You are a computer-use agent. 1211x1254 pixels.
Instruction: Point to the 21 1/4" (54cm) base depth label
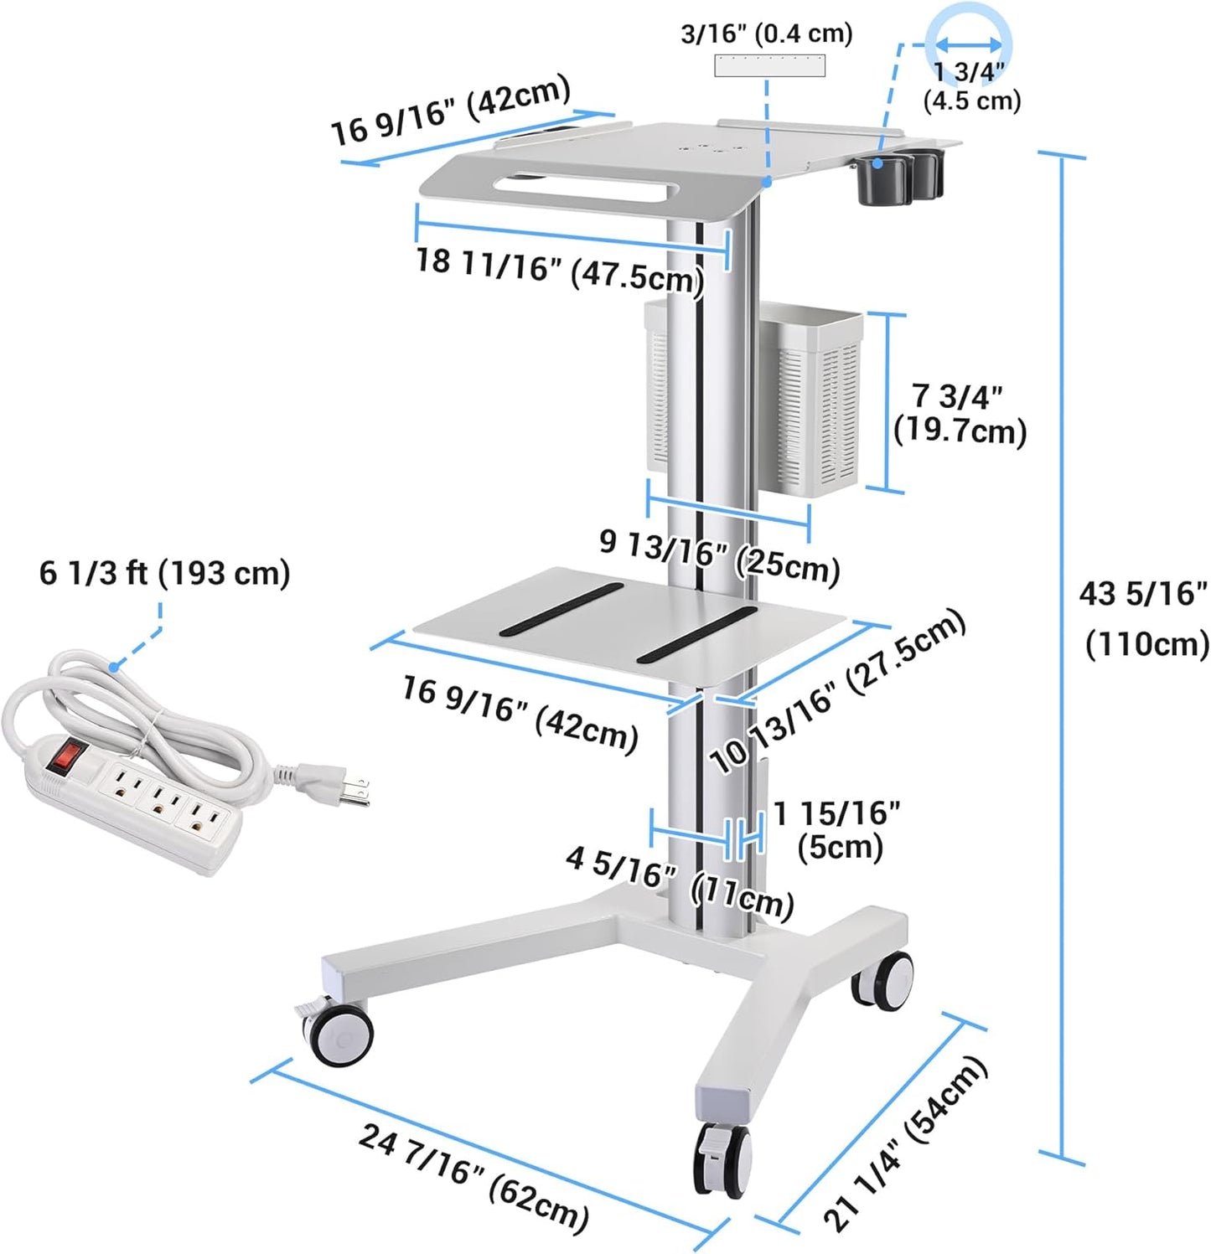pyautogui.click(x=905, y=1143)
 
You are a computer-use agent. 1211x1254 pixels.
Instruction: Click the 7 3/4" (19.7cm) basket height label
pyautogui.click(x=960, y=413)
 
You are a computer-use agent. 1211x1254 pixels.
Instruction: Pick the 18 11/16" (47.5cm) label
pyautogui.click(x=559, y=269)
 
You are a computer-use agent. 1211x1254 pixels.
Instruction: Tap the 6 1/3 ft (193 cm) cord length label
pyautogui.click(x=164, y=573)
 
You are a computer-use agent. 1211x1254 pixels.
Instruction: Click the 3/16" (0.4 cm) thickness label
pyautogui.click(x=766, y=34)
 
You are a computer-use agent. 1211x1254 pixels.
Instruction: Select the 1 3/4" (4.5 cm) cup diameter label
pyautogui.click(x=971, y=86)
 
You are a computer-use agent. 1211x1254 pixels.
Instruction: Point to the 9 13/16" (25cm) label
pyautogui.click(x=719, y=555)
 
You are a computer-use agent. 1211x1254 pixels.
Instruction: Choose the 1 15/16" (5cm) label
pyautogui.click(x=837, y=828)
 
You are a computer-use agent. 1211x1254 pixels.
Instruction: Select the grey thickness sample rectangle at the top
pyautogui.click(x=769, y=65)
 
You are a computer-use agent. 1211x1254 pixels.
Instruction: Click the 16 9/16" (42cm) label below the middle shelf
pyautogui.click(x=520, y=712)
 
